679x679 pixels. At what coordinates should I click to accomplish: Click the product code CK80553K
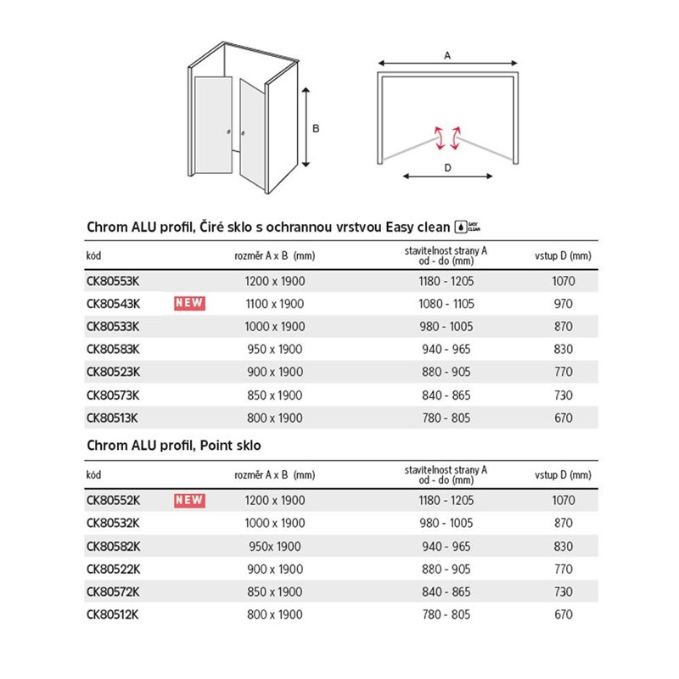(x=113, y=281)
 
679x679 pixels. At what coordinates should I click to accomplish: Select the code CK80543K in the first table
(x=113, y=304)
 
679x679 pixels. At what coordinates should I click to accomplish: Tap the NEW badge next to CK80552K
(x=190, y=501)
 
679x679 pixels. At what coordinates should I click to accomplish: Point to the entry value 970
(x=563, y=304)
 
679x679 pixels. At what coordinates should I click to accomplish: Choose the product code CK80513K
(x=113, y=418)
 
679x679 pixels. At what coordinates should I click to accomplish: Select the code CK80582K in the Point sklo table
(x=113, y=547)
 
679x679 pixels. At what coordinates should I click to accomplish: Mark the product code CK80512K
(x=113, y=615)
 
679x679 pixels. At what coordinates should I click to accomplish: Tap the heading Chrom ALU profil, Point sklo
(x=174, y=445)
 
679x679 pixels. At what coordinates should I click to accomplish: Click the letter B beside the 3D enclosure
(x=316, y=129)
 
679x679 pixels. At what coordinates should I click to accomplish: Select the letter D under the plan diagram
(x=447, y=168)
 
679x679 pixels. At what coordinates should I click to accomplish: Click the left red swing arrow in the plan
(x=438, y=137)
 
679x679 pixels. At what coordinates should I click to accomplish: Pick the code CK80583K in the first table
(x=113, y=350)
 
